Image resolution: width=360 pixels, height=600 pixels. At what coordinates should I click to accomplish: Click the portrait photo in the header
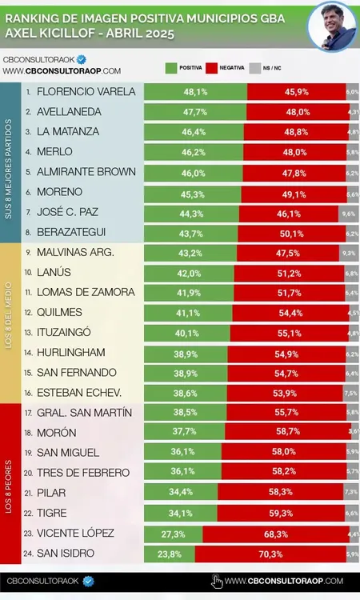333,26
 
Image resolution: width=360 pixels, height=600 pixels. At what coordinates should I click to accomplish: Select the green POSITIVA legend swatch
170,69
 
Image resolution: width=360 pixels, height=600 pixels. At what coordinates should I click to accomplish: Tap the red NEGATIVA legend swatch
212,69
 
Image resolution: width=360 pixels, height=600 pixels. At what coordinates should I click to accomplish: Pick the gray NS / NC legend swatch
255,69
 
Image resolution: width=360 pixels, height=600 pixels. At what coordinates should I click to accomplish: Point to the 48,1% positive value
195,92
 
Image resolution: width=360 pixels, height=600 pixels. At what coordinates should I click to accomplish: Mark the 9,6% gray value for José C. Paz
348,214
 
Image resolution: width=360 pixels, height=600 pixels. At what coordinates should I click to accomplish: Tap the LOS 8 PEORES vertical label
9,484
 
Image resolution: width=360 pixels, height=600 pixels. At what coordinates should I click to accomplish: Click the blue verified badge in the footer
89,582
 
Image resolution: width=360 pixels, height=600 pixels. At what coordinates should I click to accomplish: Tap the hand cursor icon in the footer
216,582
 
